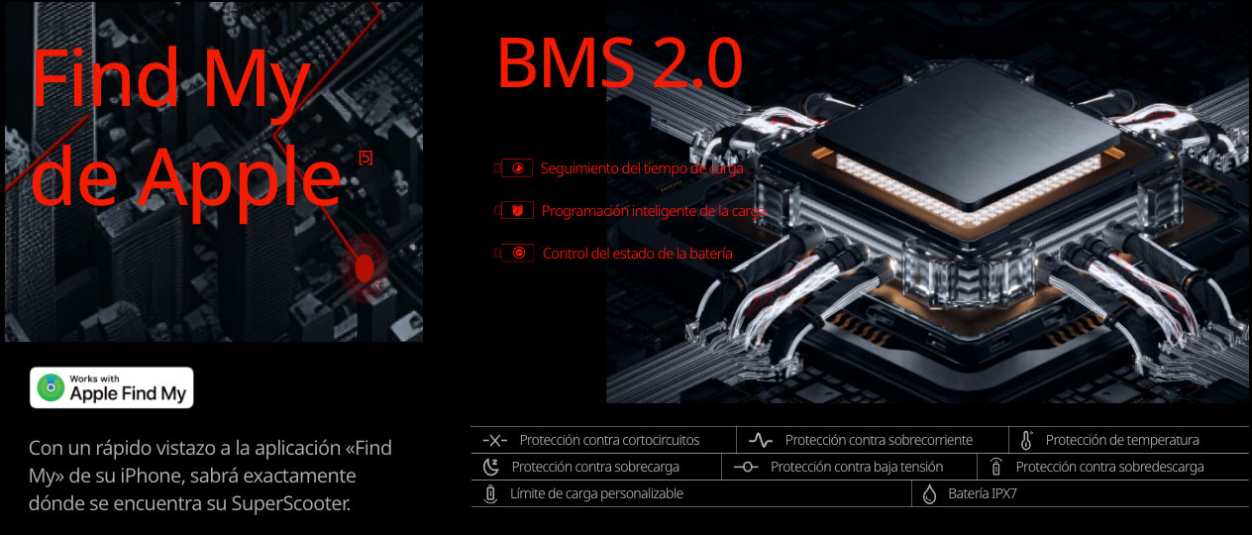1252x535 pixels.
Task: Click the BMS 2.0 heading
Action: point(619,63)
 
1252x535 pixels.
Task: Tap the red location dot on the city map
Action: point(364,266)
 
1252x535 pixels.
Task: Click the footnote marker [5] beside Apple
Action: point(365,158)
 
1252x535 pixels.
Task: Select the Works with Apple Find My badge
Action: point(112,387)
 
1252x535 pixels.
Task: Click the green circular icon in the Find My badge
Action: point(51,387)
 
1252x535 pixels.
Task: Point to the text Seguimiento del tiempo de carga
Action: point(641,168)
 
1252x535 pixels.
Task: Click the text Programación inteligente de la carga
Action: point(653,211)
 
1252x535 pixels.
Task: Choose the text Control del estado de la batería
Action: point(637,254)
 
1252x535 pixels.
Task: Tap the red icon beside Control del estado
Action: point(518,254)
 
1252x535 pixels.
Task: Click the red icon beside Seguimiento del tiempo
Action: point(517,168)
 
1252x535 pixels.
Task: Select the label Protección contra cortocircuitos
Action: point(609,440)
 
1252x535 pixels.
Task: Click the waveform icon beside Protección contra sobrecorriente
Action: point(761,440)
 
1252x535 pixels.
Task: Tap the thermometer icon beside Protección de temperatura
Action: point(1026,440)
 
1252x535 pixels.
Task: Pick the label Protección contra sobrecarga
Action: point(595,467)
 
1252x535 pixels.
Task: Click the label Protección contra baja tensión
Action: point(856,467)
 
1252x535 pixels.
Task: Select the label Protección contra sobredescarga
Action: point(1109,467)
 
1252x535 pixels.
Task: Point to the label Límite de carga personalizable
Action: point(596,493)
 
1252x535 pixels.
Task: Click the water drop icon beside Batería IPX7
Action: point(929,493)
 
